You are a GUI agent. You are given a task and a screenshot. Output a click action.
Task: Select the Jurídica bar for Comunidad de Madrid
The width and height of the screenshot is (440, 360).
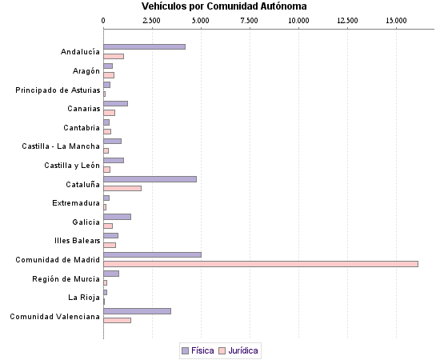tap(261, 263)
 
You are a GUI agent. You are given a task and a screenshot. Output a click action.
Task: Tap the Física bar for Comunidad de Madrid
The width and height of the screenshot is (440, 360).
tap(152, 254)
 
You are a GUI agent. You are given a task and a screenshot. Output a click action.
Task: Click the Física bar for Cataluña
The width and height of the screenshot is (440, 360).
tap(150, 179)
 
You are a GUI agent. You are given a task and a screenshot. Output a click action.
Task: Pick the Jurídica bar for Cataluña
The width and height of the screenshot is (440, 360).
tap(122, 188)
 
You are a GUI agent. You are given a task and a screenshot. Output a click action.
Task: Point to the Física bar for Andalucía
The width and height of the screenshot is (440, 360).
tap(144, 47)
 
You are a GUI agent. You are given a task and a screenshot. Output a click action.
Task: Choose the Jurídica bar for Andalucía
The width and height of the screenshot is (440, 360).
tap(114, 56)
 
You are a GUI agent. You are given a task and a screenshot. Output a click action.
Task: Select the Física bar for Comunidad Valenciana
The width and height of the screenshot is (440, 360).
tap(137, 310)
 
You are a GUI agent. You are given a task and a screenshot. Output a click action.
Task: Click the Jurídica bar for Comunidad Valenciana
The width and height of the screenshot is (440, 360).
tap(117, 320)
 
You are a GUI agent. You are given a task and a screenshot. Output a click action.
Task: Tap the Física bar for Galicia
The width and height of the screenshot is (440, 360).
tap(117, 217)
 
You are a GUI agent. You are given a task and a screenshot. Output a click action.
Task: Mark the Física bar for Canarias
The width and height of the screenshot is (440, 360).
tap(115, 103)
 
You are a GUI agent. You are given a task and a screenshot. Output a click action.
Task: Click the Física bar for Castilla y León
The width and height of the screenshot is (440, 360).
tap(114, 160)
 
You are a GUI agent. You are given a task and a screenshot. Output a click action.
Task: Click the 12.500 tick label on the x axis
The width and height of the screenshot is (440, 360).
tap(347, 19)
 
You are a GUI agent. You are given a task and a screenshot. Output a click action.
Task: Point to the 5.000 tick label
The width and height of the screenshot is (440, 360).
tap(201, 19)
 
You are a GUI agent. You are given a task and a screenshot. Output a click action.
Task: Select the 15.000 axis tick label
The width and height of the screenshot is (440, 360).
tap(396, 19)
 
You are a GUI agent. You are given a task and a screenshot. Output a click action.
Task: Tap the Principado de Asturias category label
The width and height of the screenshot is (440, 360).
tap(58, 90)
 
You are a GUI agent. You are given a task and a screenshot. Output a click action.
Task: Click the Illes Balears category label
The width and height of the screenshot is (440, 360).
tap(78, 241)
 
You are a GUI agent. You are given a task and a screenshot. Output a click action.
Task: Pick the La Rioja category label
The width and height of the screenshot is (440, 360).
tap(84, 298)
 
